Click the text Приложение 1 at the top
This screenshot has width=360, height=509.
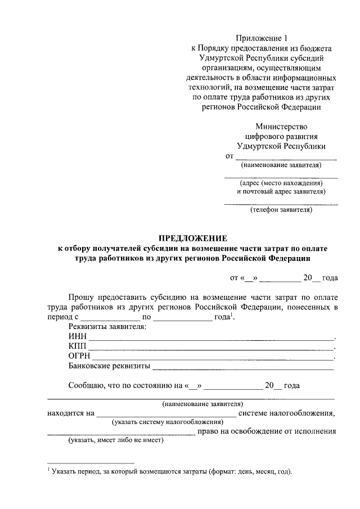(x=262, y=38)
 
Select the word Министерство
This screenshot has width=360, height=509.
(x=281, y=127)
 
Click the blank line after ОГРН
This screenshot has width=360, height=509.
(x=213, y=358)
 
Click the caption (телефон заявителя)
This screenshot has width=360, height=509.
(x=281, y=210)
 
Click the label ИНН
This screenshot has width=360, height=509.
(x=77, y=337)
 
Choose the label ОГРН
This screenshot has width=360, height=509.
(x=79, y=357)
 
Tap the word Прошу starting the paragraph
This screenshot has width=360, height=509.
(x=82, y=296)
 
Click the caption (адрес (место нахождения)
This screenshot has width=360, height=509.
(x=281, y=183)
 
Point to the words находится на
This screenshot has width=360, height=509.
(x=70, y=413)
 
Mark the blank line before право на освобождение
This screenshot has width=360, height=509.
(x=121, y=434)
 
